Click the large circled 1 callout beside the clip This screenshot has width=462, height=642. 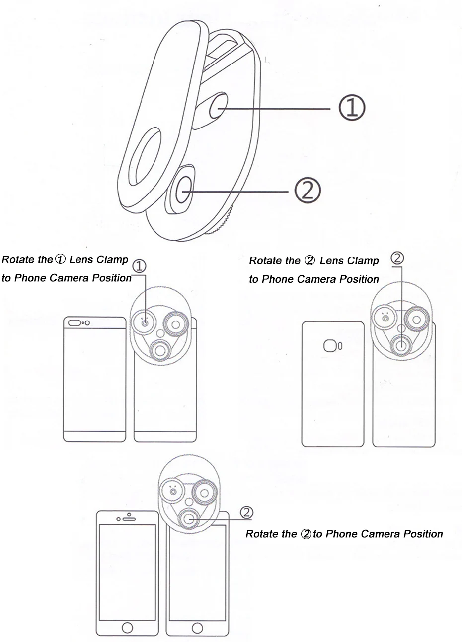coord(352,108)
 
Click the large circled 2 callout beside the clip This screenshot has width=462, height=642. coord(308,191)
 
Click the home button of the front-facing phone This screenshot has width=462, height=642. coord(127,627)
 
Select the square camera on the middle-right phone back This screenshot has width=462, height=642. coord(330,346)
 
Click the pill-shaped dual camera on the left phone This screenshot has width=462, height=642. coord(75,323)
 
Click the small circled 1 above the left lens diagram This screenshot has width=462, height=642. coord(139,266)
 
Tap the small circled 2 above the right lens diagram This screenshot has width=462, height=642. coord(397,258)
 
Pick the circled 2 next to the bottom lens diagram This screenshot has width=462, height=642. coord(246,512)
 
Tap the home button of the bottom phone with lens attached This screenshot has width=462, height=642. coord(197,627)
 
